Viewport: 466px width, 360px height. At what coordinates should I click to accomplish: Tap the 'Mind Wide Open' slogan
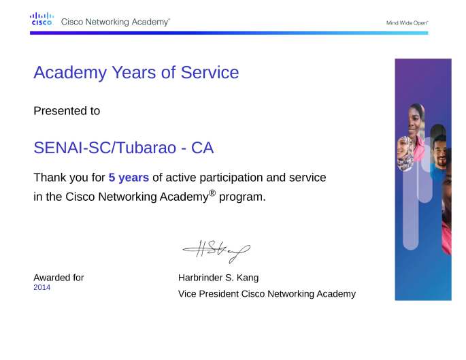click(x=407, y=22)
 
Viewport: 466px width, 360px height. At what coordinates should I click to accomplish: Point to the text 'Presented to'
click(x=67, y=111)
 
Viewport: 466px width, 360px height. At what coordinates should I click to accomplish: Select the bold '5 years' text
click(x=129, y=178)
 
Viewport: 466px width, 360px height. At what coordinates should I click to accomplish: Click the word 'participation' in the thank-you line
click(x=221, y=178)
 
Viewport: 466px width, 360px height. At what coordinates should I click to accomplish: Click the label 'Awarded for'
click(x=59, y=278)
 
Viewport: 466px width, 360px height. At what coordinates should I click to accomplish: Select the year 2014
click(x=42, y=288)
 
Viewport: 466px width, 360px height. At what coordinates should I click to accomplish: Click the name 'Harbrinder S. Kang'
click(x=218, y=278)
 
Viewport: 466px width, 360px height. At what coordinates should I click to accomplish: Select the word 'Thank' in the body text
click(x=49, y=178)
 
